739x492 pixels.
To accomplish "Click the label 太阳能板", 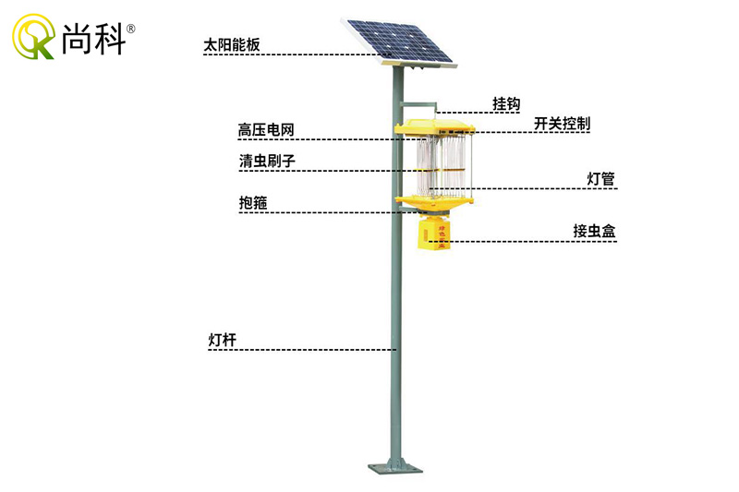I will (x=232, y=42).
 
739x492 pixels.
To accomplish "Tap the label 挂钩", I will (x=507, y=103).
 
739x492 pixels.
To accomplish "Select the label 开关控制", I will (x=562, y=124).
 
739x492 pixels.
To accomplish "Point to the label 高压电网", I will (x=266, y=129).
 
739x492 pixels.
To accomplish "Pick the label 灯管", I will (x=600, y=178).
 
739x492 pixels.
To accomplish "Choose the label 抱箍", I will (x=253, y=202).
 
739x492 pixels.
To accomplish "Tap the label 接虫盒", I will (x=594, y=231).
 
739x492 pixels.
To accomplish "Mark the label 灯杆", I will (x=223, y=340).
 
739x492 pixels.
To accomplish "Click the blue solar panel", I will (x=398, y=41).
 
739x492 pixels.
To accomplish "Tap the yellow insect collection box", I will (x=431, y=234).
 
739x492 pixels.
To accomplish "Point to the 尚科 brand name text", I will (x=93, y=39).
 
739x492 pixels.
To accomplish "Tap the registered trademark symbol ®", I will (x=131, y=29).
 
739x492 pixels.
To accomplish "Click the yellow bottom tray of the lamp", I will (x=435, y=198).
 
